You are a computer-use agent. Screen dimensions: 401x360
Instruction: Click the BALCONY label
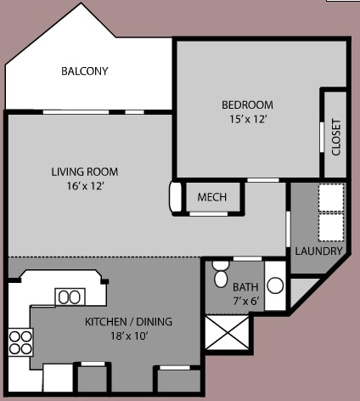pyautogui.click(x=84, y=71)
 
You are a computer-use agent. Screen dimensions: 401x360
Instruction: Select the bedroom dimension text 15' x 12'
pyautogui.click(x=247, y=120)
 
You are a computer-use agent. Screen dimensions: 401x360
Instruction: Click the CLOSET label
pyautogui.click(x=336, y=136)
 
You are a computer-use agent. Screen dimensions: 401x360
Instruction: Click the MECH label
pyautogui.click(x=211, y=197)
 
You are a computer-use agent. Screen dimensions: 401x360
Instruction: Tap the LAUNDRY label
pyautogui.click(x=318, y=251)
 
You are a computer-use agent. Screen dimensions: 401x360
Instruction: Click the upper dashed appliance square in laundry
pyautogui.click(x=330, y=197)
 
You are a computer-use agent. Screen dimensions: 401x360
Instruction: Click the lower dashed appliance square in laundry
pyautogui.click(x=330, y=226)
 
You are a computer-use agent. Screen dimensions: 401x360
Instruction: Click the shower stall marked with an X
pyautogui.click(x=228, y=333)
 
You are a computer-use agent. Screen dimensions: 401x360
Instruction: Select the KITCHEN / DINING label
pyautogui.click(x=128, y=321)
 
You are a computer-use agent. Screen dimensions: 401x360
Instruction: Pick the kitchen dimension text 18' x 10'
pyautogui.click(x=128, y=336)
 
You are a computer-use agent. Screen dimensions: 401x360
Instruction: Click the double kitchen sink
pyautogui.click(x=70, y=297)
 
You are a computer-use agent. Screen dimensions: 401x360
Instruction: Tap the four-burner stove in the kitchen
pyautogui.click(x=20, y=342)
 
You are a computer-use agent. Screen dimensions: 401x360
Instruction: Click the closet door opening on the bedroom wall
pyautogui.click(x=321, y=136)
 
